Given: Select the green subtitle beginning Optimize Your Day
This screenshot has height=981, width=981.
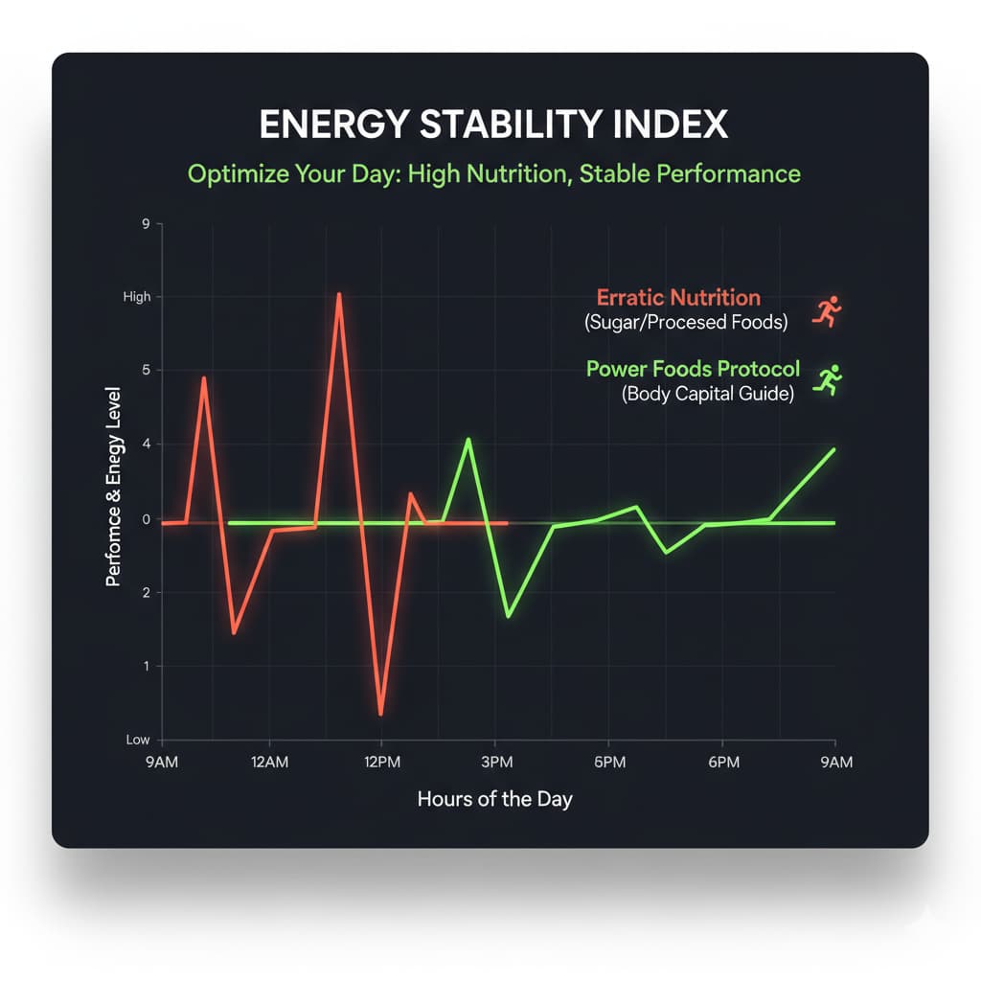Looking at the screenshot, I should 493,174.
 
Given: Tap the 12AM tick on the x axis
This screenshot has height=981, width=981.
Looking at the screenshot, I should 269,763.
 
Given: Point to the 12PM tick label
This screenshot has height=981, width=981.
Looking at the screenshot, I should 381,763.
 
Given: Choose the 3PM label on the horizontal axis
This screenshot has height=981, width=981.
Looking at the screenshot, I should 494,763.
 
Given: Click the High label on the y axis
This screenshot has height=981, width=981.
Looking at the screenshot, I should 137,297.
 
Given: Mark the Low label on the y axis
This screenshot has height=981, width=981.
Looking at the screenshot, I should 138,741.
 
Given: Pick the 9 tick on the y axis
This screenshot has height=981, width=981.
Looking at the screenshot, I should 146,224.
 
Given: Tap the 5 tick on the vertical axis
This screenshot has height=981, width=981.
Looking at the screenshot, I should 146,371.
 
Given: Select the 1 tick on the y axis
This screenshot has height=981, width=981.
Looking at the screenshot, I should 146,667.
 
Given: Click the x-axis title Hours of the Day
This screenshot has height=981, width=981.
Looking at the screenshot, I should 494,799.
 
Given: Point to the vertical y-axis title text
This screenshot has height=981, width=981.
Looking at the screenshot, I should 113,488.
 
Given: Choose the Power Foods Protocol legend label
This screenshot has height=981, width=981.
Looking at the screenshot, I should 693,369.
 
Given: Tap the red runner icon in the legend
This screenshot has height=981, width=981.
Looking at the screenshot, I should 827,311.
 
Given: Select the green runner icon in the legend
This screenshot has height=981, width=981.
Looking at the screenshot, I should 827,379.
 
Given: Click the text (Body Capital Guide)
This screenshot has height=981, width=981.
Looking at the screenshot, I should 707,394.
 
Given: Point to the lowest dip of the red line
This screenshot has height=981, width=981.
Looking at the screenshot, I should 381,714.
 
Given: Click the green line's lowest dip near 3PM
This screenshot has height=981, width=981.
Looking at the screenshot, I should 508,616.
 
